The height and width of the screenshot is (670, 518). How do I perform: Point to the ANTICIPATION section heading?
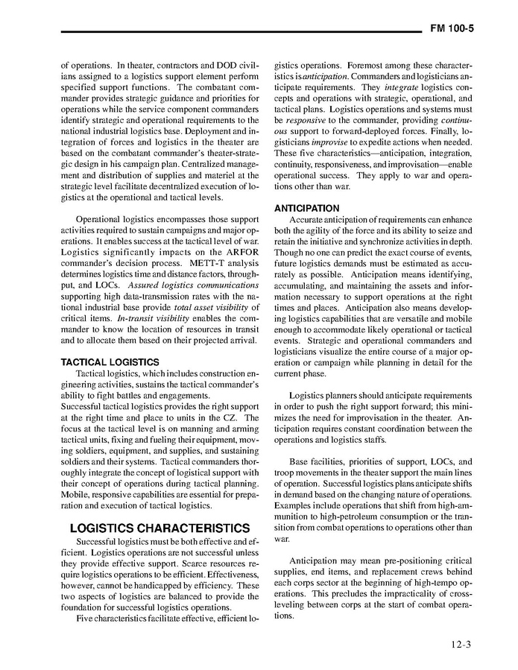tap(307, 208)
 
